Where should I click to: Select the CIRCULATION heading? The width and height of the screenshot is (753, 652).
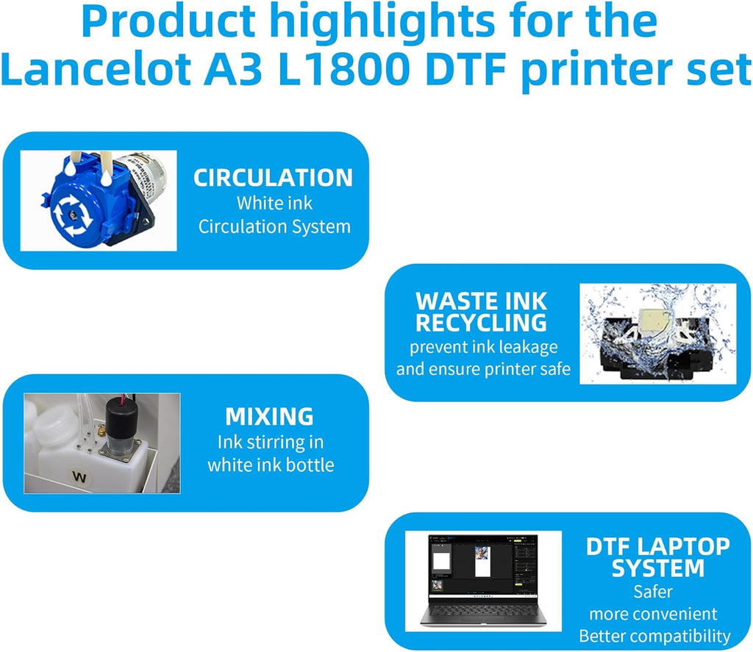pos(273,178)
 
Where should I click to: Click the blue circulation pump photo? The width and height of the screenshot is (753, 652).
pos(99,200)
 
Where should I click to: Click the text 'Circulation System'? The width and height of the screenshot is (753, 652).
pos(274,226)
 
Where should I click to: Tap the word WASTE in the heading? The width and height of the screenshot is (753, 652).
pos(452,301)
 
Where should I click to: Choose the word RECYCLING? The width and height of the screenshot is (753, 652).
pos(481,322)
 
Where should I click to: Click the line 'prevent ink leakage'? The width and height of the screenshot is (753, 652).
pos(483,346)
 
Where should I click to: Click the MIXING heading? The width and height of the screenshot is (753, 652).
pos(269,417)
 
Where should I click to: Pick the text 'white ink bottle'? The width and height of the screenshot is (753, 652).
pos(271,465)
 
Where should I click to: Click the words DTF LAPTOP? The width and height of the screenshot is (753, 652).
pos(657,546)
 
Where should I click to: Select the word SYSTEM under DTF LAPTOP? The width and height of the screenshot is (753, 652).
pos(657,568)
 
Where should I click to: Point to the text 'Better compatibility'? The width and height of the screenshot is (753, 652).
pos(654,636)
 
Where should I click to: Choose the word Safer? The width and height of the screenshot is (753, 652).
pos(653,591)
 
